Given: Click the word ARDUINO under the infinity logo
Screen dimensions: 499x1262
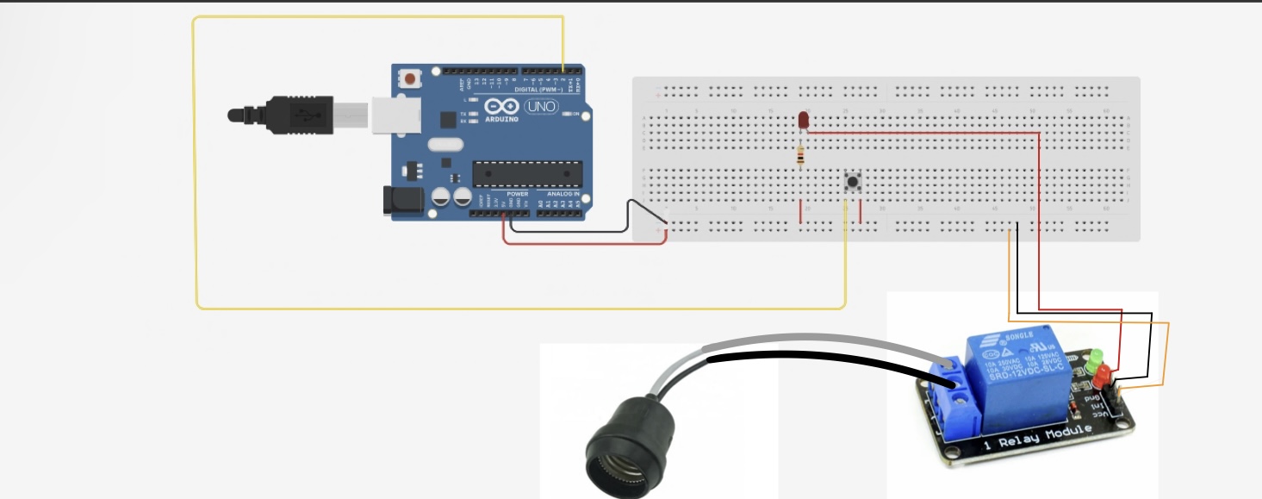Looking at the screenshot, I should click(x=502, y=119).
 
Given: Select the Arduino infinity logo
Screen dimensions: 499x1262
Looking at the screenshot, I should click(x=501, y=107).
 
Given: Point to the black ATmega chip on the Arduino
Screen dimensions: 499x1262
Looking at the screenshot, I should click(x=526, y=172).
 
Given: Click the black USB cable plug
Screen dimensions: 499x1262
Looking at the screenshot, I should click(x=297, y=115).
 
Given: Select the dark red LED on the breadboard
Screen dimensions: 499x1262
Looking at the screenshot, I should click(x=804, y=119).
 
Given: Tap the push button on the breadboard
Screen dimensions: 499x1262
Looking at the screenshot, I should click(x=853, y=182).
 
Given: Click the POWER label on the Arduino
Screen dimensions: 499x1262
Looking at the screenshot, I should click(x=517, y=195).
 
